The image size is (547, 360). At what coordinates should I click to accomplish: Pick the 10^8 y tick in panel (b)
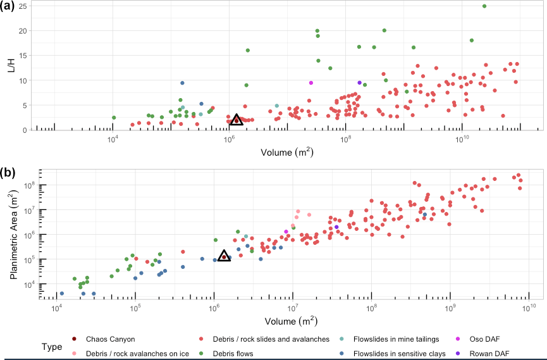[x=28, y=185]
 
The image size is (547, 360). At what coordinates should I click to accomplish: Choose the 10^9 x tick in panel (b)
[x=451, y=307]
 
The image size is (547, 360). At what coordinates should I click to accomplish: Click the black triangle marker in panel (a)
[x=236, y=120]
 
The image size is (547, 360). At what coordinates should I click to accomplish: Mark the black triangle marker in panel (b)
[x=224, y=256]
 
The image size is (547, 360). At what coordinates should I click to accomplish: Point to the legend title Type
[x=52, y=347]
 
